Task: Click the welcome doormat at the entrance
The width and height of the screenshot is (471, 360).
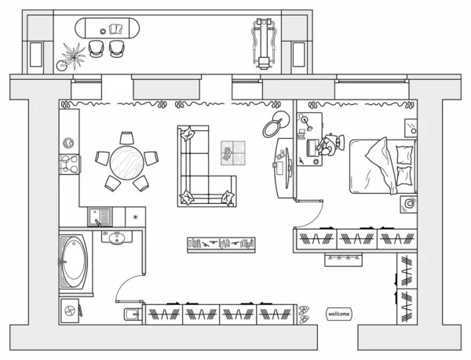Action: [x=338, y=314]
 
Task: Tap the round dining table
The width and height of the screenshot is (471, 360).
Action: [x=126, y=162]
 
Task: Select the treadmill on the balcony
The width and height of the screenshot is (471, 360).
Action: [x=264, y=43]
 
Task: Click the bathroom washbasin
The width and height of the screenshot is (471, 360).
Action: [x=116, y=238]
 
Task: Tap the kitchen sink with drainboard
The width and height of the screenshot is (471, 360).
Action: [x=100, y=216]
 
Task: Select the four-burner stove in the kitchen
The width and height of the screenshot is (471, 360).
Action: [x=70, y=164]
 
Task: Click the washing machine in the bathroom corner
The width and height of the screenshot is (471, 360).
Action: [x=70, y=311]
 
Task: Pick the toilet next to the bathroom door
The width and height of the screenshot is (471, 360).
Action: [x=133, y=315]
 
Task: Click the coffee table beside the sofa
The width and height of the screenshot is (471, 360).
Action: [x=233, y=153]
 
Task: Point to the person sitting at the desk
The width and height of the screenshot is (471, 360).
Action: [x=330, y=144]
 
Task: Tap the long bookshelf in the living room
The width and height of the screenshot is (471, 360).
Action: [x=221, y=245]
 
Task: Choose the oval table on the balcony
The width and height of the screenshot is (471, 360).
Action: [x=107, y=28]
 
